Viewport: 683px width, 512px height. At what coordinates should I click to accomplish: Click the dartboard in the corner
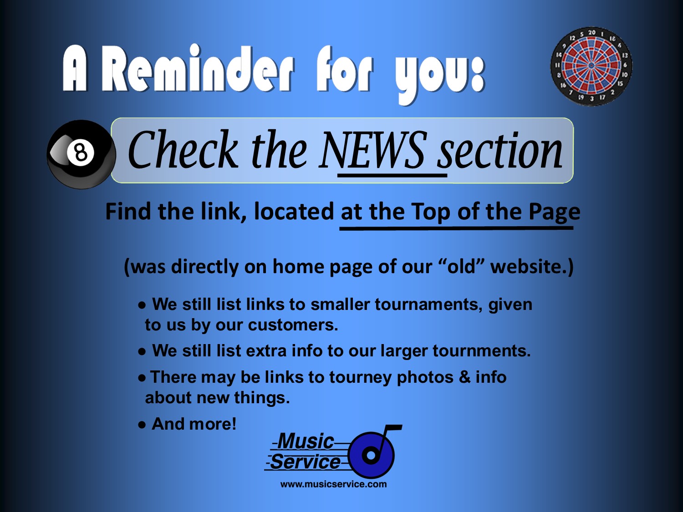[591, 66]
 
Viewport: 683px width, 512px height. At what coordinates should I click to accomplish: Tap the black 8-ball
[82, 154]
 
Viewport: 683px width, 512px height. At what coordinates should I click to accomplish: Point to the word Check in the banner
[183, 150]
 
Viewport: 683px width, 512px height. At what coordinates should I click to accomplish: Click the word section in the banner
[500, 151]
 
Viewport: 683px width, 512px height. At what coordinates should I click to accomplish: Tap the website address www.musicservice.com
[334, 484]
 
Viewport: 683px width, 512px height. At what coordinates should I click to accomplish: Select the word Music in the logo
[306, 441]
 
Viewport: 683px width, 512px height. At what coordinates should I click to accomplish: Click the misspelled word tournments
[481, 351]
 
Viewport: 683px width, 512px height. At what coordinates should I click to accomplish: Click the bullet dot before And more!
[142, 425]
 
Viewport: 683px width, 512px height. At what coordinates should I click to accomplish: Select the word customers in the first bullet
[293, 325]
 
